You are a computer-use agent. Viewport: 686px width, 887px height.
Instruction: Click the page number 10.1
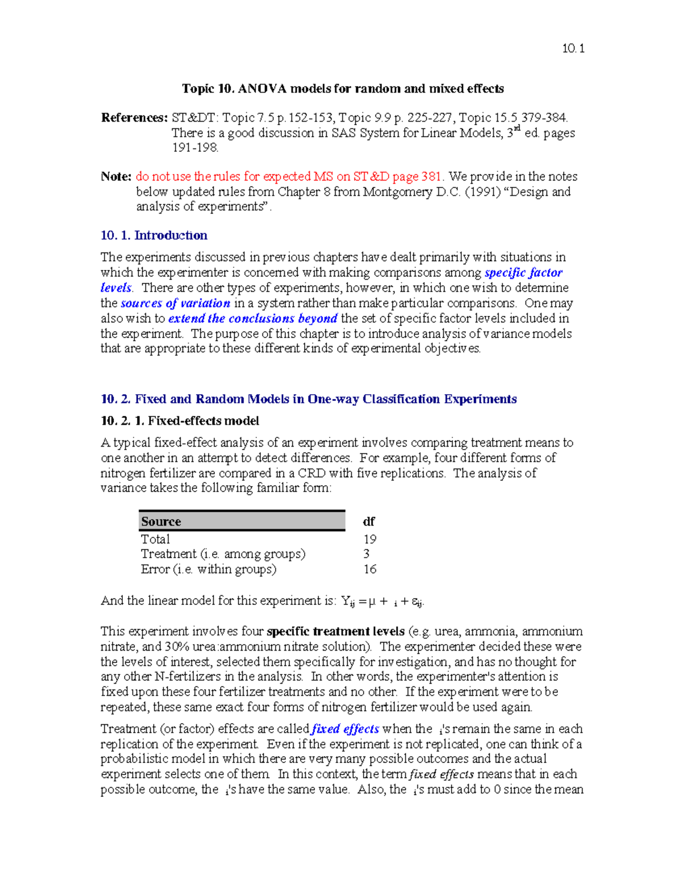point(573,49)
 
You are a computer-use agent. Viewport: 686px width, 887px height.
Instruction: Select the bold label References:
point(134,118)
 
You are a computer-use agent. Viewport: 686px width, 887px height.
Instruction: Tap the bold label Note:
point(116,176)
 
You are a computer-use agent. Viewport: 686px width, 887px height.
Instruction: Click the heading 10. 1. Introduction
point(154,235)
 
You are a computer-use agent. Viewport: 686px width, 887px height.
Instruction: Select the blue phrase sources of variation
point(176,303)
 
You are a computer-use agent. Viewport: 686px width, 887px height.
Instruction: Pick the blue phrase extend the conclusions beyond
point(253,319)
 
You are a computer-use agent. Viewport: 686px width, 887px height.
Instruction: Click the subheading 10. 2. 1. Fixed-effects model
point(180,421)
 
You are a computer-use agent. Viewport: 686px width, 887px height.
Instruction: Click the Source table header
point(161,521)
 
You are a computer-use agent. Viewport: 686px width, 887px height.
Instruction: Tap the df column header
point(369,521)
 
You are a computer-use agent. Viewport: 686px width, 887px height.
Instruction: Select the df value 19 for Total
point(370,539)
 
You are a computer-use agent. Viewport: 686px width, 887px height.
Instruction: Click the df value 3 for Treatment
point(366,554)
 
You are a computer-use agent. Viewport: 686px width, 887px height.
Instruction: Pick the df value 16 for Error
point(370,569)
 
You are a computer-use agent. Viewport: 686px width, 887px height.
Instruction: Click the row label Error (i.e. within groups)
point(209,569)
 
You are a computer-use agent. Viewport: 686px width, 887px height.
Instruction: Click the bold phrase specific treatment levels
point(336,632)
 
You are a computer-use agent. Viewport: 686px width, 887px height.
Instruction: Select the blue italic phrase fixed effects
point(345,729)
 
